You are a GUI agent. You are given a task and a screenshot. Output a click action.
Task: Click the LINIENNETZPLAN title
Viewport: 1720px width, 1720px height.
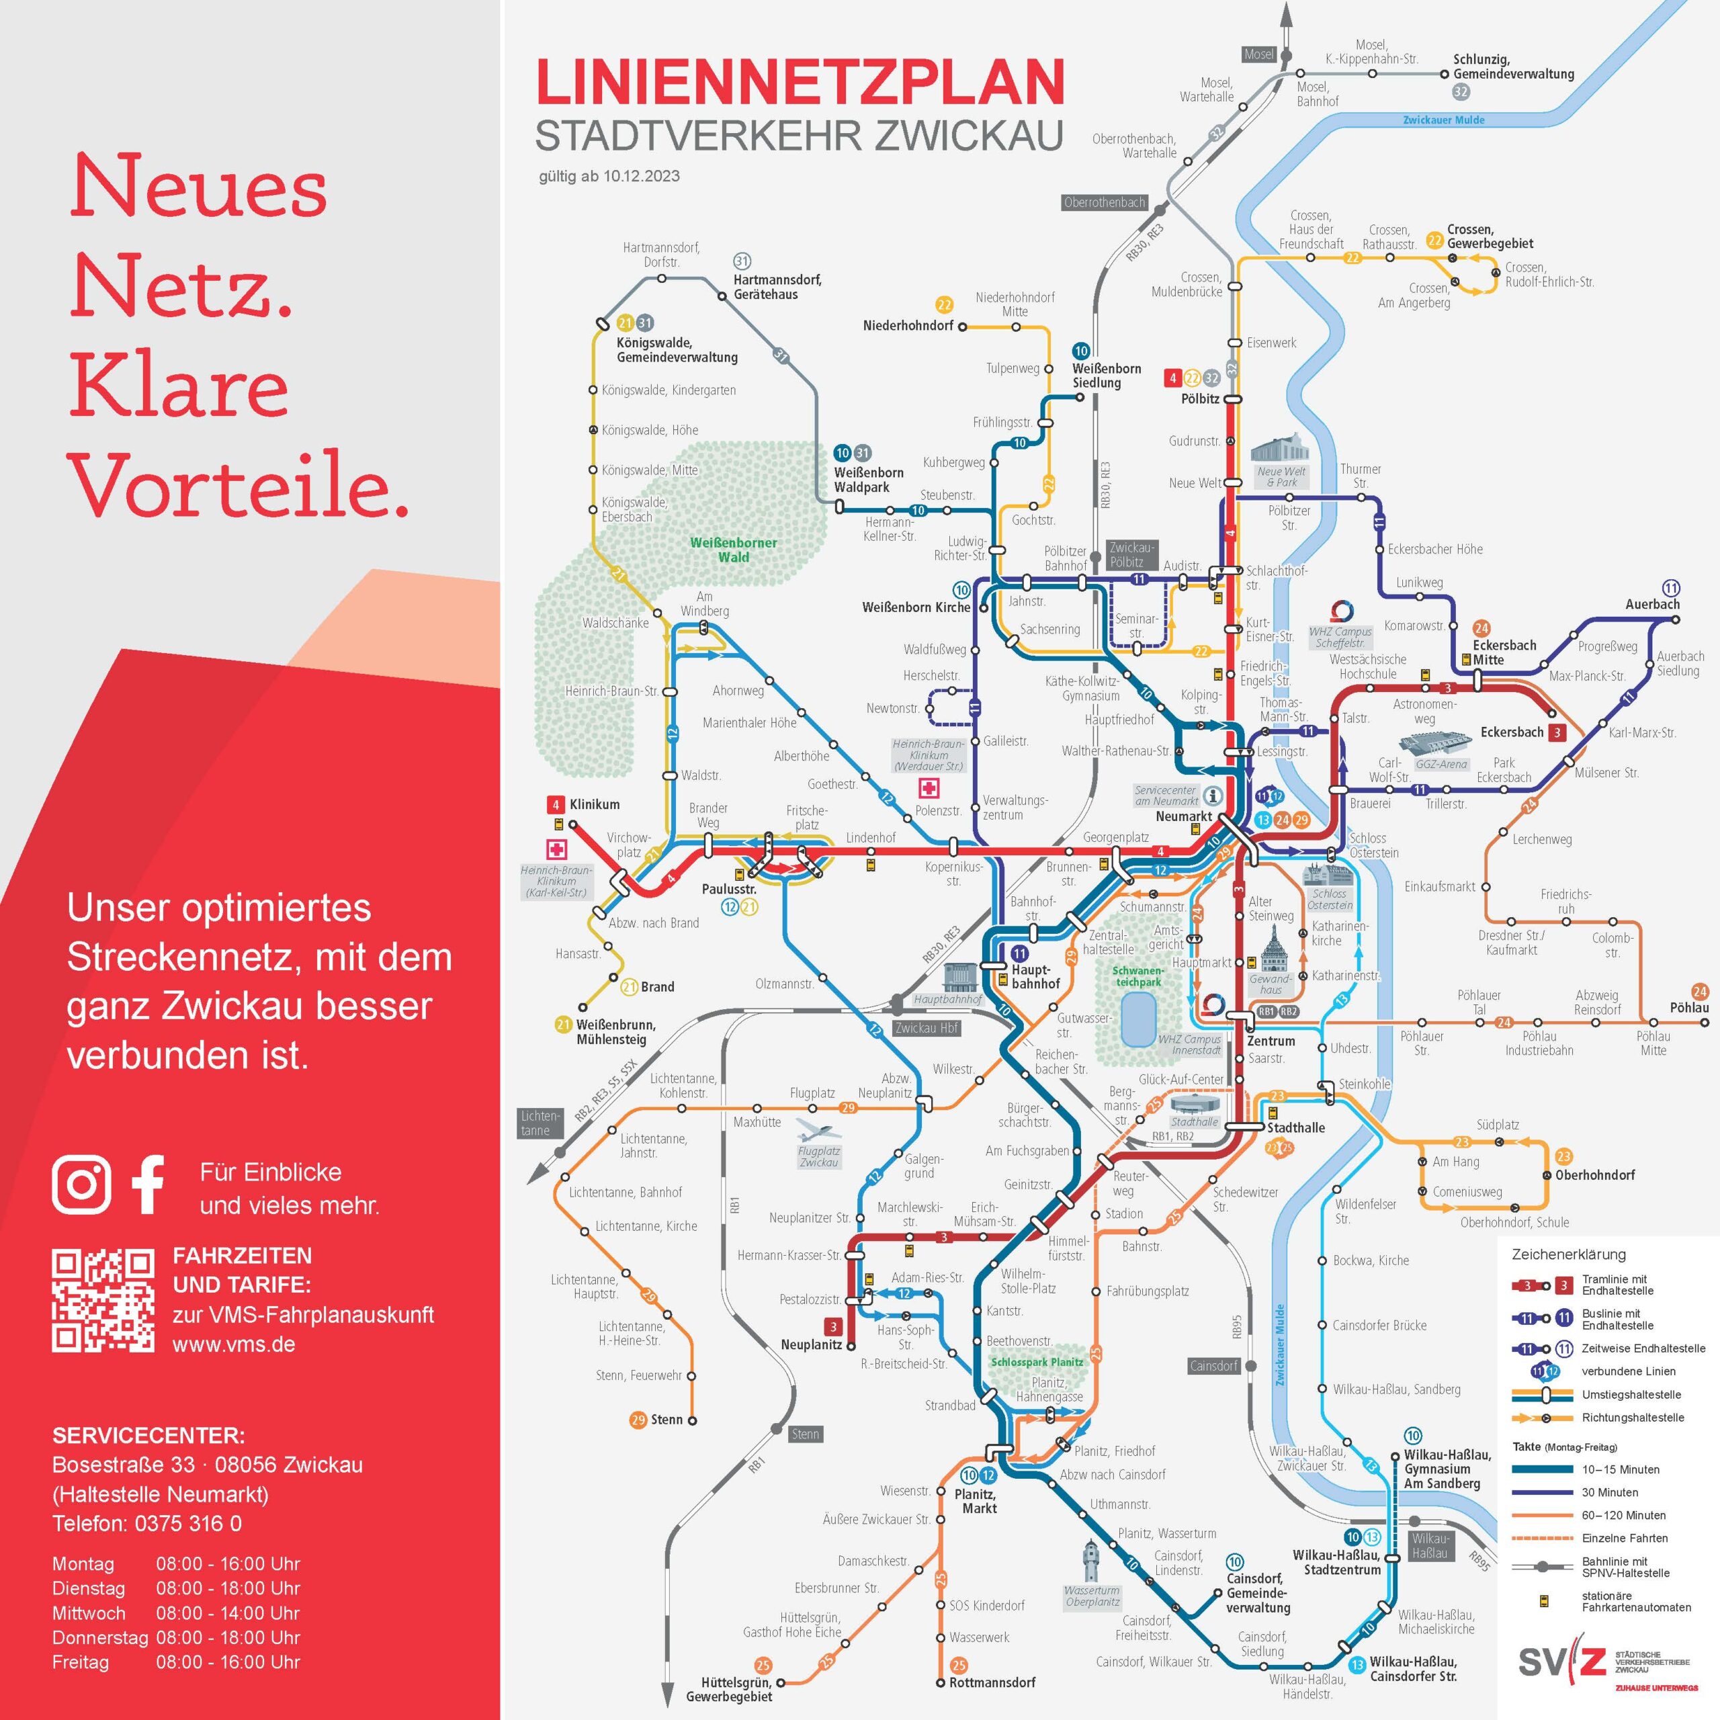[800, 82]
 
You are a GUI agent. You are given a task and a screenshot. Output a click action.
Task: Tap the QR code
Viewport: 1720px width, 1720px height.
[103, 1301]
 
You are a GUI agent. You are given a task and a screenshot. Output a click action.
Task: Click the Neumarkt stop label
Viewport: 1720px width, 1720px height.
[1183, 816]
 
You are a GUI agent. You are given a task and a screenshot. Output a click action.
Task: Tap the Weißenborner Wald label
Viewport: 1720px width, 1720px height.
[734, 550]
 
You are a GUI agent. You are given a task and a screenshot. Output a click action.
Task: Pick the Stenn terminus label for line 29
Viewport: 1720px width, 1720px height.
[666, 1419]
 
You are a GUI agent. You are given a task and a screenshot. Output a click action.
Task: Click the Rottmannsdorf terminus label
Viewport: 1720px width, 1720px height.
[992, 1682]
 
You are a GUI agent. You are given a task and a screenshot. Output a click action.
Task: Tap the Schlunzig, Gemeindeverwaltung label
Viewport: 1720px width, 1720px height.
[1514, 67]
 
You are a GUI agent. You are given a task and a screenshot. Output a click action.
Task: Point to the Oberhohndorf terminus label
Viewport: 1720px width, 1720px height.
[1594, 1174]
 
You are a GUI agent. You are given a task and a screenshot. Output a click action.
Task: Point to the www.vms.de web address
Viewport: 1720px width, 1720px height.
[233, 1344]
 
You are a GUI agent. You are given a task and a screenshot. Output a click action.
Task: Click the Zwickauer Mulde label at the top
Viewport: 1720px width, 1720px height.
[1443, 120]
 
